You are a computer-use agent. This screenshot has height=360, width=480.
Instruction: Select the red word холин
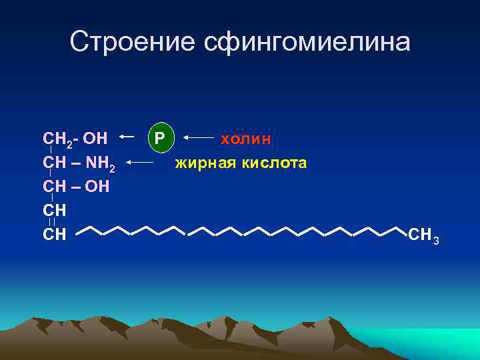[246, 138]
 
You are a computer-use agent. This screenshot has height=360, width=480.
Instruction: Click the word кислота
[274, 162]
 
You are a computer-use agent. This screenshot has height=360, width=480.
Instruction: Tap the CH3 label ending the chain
[423, 235]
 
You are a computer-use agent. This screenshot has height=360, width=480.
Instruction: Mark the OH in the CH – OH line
[97, 186]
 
